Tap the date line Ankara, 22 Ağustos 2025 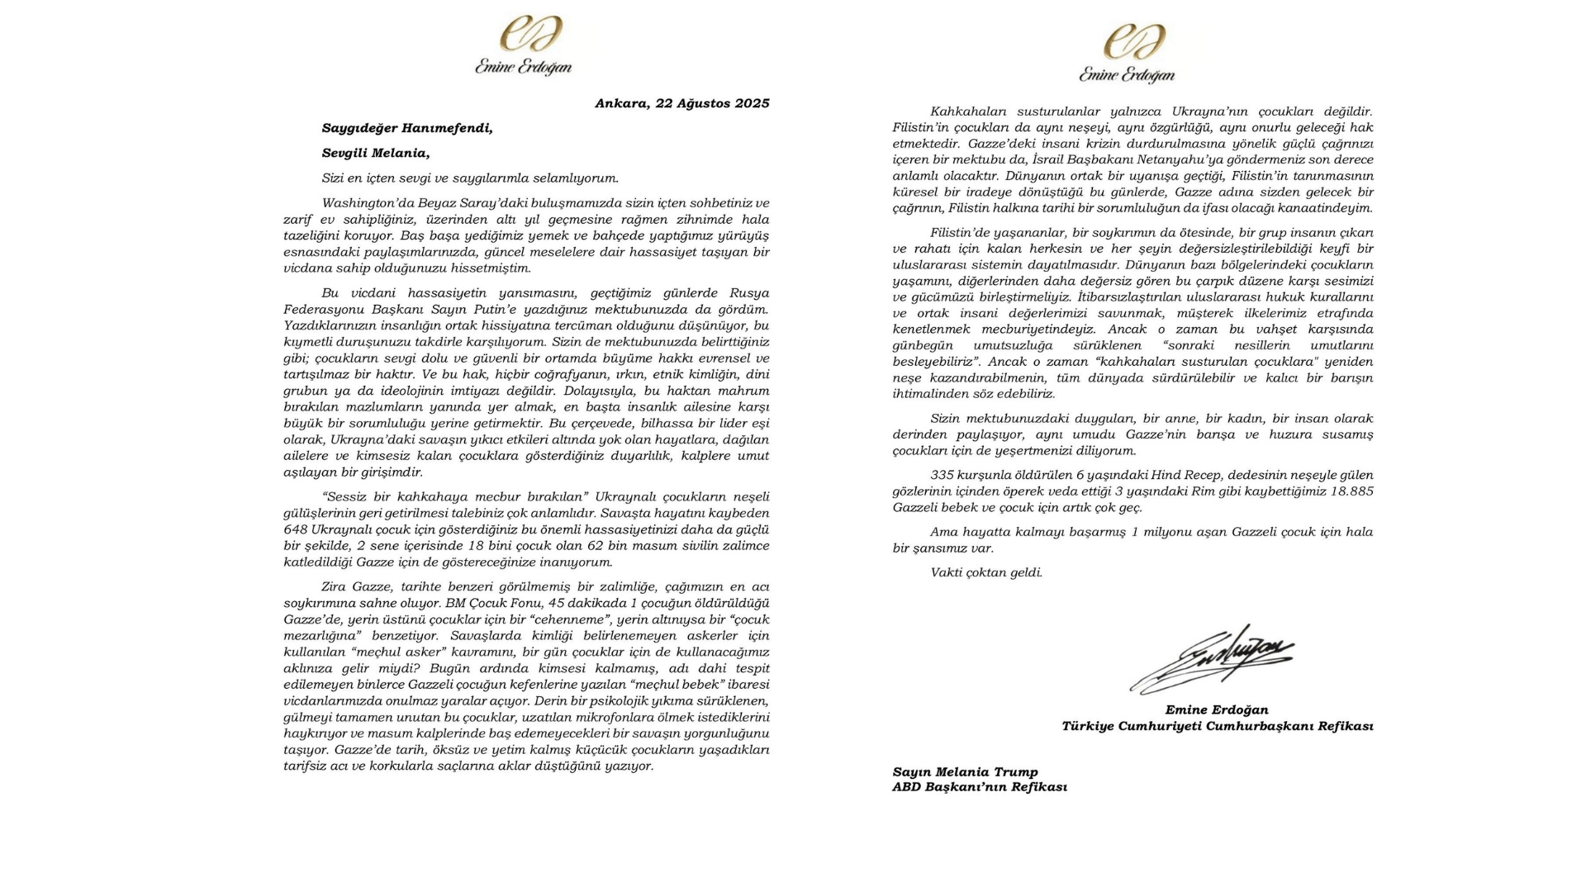681,103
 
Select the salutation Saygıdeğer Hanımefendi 407,128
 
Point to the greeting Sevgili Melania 376,153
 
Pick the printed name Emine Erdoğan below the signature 1216,709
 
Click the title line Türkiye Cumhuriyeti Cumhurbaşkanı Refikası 1217,726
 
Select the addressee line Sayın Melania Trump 965,772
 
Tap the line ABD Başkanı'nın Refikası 979,787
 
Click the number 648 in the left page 296,529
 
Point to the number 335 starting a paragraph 943,475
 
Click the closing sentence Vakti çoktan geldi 986,572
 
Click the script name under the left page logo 523,68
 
